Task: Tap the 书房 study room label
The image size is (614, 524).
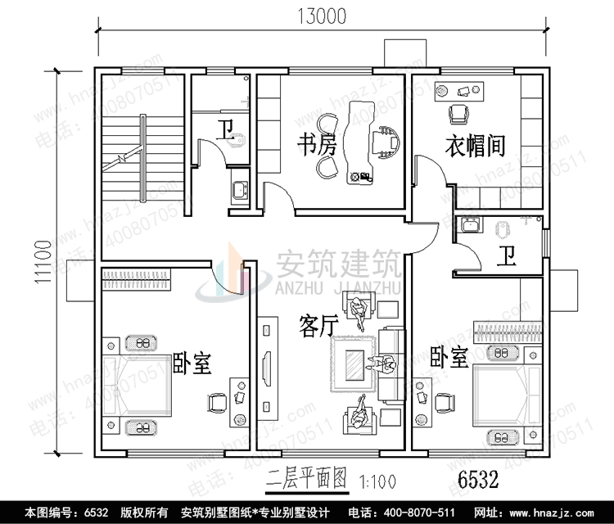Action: pyautogui.click(x=317, y=147)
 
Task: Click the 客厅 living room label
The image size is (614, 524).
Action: pyautogui.click(x=318, y=327)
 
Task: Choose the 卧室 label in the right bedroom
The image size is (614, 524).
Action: pyautogui.click(x=449, y=357)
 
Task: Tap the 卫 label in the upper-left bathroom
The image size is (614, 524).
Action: pyautogui.click(x=224, y=129)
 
